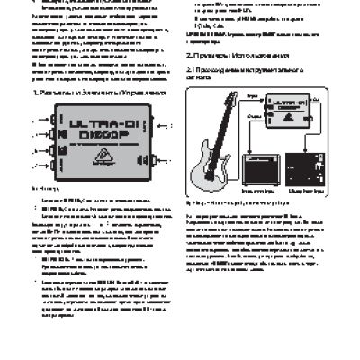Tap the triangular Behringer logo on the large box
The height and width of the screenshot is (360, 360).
(103, 154)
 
